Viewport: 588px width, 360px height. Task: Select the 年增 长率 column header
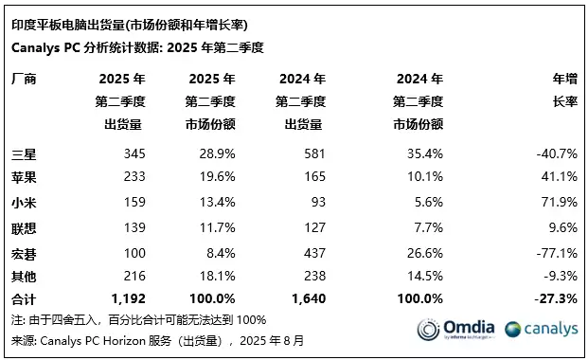point(563,91)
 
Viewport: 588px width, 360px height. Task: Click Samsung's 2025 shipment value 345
point(132,153)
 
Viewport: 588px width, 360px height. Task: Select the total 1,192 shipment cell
point(127,299)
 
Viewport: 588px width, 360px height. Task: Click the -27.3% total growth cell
point(559,299)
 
